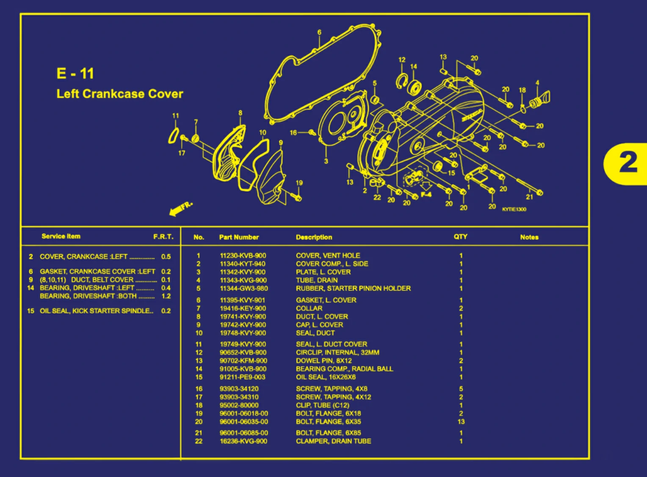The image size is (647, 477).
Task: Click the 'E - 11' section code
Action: (x=75, y=74)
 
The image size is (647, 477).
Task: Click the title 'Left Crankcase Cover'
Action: (x=120, y=94)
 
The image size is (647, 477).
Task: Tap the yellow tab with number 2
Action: (x=628, y=163)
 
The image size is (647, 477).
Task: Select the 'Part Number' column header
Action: (x=239, y=237)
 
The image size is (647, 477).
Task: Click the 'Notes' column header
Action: (x=529, y=237)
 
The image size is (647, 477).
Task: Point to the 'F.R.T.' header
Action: (x=163, y=237)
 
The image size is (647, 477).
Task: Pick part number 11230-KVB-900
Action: (x=243, y=256)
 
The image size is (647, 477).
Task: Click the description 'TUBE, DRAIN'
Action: (x=317, y=280)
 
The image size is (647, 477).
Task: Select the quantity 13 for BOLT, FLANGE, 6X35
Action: (x=461, y=422)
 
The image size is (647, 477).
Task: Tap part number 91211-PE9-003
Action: (x=242, y=377)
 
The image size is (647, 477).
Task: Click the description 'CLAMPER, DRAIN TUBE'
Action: (x=333, y=441)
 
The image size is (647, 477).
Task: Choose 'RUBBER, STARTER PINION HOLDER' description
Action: (x=353, y=288)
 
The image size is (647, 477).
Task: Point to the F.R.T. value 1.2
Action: (x=166, y=296)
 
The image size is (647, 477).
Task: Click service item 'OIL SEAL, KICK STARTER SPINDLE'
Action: (x=96, y=311)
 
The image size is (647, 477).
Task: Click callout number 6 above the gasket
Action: (x=319, y=32)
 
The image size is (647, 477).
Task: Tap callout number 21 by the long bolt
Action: (x=529, y=197)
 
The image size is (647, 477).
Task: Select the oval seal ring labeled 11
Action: (x=173, y=136)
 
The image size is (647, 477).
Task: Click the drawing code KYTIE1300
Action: (x=514, y=210)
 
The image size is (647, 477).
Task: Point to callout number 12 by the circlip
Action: (x=402, y=60)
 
